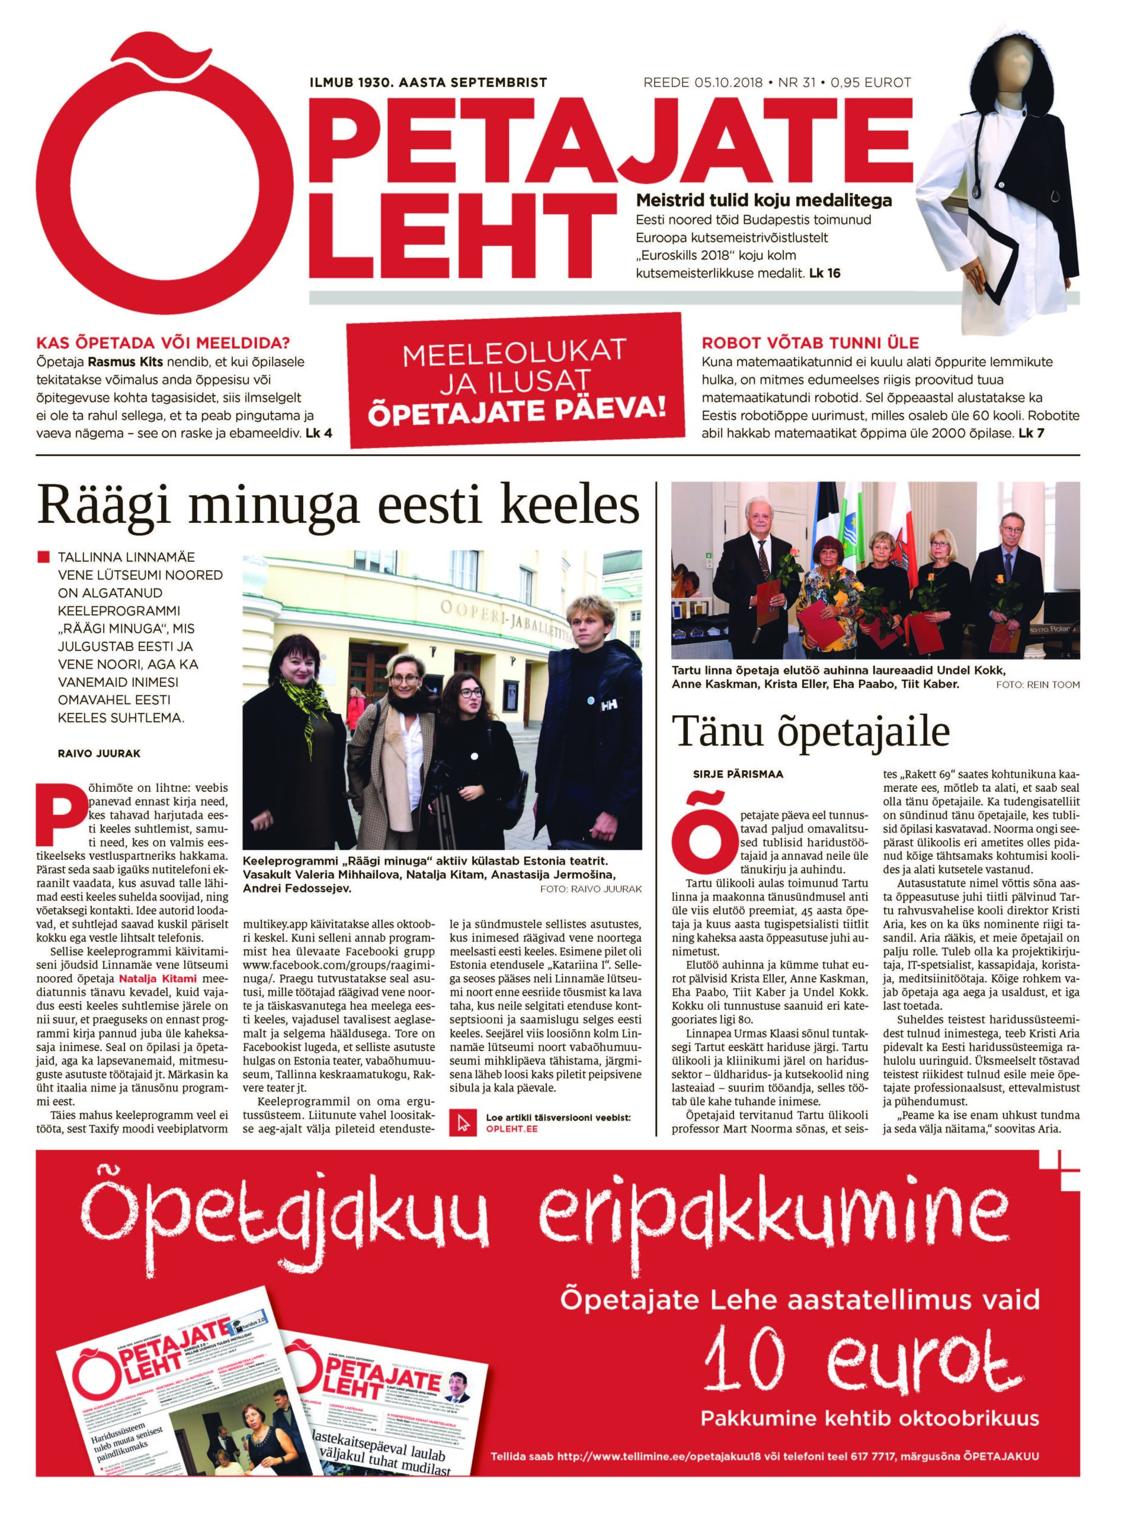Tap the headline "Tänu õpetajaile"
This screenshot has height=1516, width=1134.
click(811, 731)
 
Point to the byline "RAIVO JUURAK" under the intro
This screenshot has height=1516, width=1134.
click(99, 753)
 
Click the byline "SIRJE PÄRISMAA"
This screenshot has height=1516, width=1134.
click(738, 774)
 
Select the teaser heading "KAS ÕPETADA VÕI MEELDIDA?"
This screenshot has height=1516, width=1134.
click(163, 343)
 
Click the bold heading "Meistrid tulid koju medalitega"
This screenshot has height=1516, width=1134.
click(764, 201)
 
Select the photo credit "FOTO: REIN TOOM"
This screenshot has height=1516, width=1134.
click(1037, 685)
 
